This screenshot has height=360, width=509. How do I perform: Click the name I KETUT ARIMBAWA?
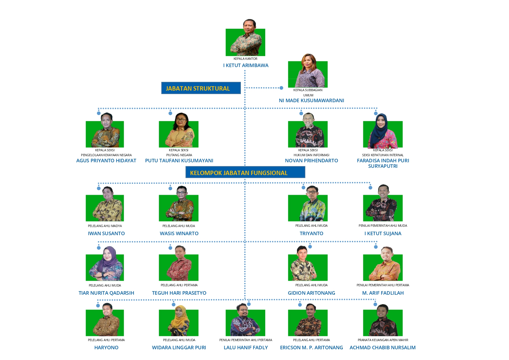pyautogui.click(x=246, y=65)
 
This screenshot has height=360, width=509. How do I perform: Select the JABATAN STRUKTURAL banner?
pyautogui.click(x=201, y=88)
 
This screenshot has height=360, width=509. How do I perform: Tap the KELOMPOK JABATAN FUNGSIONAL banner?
pyautogui.click(x=245, y=172)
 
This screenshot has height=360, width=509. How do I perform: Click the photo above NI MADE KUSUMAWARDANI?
pyautogui.click(x=308, y=73)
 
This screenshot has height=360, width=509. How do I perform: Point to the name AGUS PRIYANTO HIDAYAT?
pyautogui.click(x=106, y=161)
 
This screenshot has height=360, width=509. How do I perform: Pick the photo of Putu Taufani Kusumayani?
pyautogui.click(x=179, y=132)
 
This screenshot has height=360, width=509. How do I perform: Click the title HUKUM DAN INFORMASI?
pyautogui.click(x=311, y=155)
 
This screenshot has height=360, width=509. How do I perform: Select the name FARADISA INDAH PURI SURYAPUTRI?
pyautogui.click(x=383, y=163)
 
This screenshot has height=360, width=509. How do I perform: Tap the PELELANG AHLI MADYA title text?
pyautogui.click(x=105, y=226)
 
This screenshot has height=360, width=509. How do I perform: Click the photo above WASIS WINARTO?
pyautogui.click(x=179, y=206)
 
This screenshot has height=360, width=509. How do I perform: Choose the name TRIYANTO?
pyautogui.click(x=311, y=233)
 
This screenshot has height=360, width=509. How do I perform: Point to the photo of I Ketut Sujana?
pyautogui.click(x=383, y=205)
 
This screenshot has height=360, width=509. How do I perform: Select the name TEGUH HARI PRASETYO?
pyautogui.click(x=179, y=293)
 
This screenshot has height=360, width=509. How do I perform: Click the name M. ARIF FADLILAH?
pyautogui.click(x=383, y=293)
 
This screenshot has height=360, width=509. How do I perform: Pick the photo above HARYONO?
pyautogui.click(x=105, y=321)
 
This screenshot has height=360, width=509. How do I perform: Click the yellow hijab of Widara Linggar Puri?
pyautogui.click(x=180, y=315)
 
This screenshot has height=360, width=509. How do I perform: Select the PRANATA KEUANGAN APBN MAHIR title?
pyautogui.click(x=383, y=340)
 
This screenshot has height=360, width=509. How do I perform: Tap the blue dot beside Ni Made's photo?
pyautogui.click(x=281, y=88)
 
